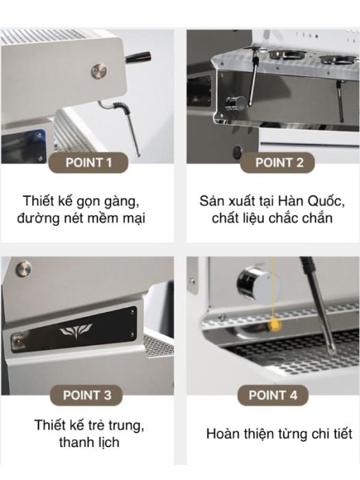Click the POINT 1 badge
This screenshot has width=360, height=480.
[88, 163]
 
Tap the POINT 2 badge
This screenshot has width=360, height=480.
[277, 163]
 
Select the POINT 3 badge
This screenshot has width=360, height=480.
[86, 395]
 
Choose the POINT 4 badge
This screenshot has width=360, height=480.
[273, 395]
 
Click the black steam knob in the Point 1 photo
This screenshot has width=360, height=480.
[138, 58]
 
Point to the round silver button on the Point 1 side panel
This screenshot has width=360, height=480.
[99, 71]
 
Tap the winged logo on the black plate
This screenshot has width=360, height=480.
[75, 331]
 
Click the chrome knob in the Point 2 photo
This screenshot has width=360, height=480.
[235, 103]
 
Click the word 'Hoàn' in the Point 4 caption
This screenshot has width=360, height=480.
[222, 434]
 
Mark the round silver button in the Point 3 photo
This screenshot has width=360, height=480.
[23, 269]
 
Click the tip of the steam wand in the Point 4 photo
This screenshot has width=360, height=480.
[332, 352]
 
